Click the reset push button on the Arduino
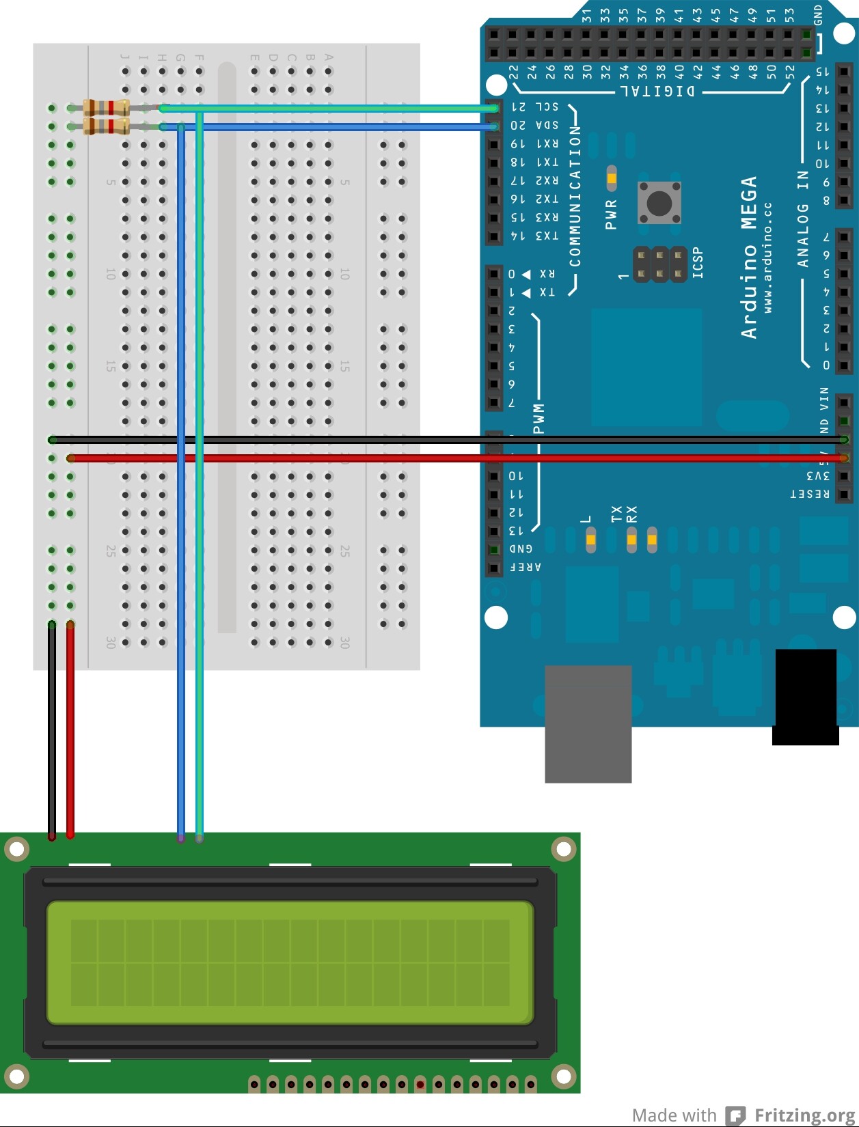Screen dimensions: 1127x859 [659, 203]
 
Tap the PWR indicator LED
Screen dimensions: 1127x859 [611, 178]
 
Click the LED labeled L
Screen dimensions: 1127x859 [590, 540]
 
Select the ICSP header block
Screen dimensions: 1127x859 [659, 264]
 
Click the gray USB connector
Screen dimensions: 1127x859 [588, 724]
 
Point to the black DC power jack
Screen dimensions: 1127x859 [805, 697]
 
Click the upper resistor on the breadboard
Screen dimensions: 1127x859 [106, 108]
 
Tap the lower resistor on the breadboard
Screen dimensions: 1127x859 [106, 126]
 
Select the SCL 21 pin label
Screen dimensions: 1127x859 [535, 107]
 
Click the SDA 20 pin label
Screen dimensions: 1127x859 [534, 126]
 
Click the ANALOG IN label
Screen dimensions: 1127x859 [803, 219]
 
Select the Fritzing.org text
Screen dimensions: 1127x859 [805, 1115]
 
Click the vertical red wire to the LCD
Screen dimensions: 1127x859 [70, 731]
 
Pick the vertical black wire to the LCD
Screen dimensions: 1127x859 [52, 731]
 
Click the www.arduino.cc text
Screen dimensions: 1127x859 [768, 258]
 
